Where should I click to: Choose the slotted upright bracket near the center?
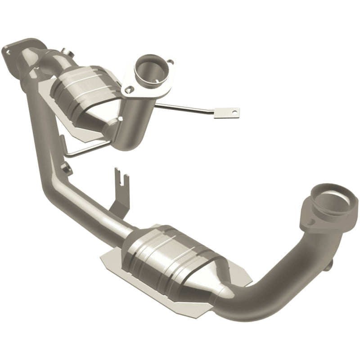click(121, 189)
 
